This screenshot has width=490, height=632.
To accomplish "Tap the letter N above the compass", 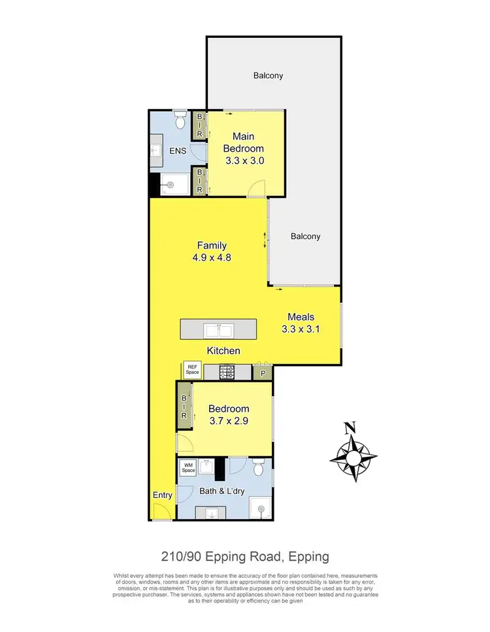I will click(x=351, y=428).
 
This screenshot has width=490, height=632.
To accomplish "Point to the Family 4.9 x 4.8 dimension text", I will click(x=212, y=258).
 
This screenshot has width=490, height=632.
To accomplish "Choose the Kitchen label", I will click(x=223, y=351).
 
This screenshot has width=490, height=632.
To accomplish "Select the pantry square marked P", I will click(x=263, y=373).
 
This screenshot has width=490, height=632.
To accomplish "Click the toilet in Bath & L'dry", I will click(x=258, y=468).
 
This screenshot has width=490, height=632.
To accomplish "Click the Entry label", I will click(x=162, y=495).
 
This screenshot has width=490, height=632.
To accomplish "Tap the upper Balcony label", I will click(x=269, y=76).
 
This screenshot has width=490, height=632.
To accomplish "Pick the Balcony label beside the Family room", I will click(x=306, y=237).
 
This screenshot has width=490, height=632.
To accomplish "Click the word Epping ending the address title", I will click(x=306, y=557).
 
